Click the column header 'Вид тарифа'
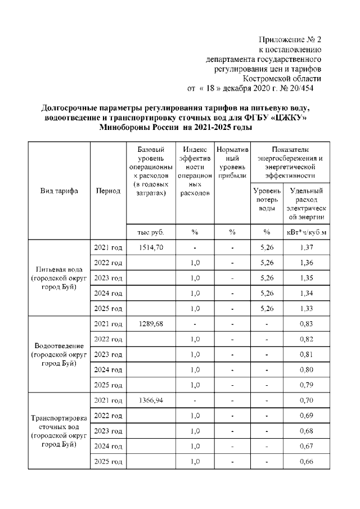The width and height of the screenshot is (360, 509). (x=59, y=191)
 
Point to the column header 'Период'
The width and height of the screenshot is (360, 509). (x=108, y=191)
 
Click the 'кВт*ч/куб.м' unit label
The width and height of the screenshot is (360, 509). (x=306, y=232)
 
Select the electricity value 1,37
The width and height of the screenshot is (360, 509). (x=306, y=247)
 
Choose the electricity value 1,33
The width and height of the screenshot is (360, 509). (x=306, y=308)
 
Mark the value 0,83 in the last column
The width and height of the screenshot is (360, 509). (x=306, y=323)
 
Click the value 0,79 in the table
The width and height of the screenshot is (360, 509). (x=306, y=385)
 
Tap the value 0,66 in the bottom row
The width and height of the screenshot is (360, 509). (x=306, y=461)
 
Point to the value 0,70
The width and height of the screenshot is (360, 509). (x=306, y=400)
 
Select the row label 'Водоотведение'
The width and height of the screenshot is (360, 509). (x=59, y=345)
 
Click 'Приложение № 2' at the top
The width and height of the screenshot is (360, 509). (x=289, y=40)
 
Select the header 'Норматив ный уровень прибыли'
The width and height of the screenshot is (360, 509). (x=232, y=163)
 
